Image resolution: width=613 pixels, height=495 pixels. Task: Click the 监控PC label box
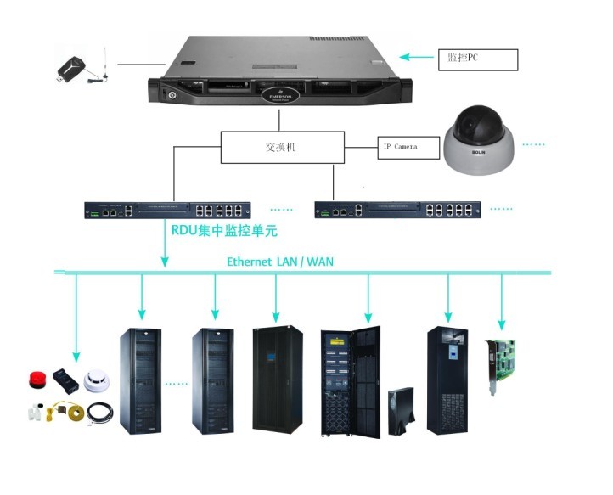pyautogui.click(x=476, y=59)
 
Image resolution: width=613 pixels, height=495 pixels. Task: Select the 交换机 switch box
pyautogui.click(x=282, y=147)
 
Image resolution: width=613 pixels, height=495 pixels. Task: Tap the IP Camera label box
pyautogui.click(x=408, y=147)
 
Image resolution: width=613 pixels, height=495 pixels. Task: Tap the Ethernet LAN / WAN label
pyautogui.click(x=280, y=262)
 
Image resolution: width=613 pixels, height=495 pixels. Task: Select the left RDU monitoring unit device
pyautogui.click(x=166, y=209)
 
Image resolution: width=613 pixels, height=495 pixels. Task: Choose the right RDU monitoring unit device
pyautogui.click(x=397, y=209)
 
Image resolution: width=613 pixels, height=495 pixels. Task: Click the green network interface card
pyautogui.click(x=502, y=365)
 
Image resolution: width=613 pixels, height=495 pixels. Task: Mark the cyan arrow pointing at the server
pyautogui.click(x=415, y=57)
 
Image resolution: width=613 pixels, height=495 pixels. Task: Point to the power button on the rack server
pyautogui.click(x=172, y=94)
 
